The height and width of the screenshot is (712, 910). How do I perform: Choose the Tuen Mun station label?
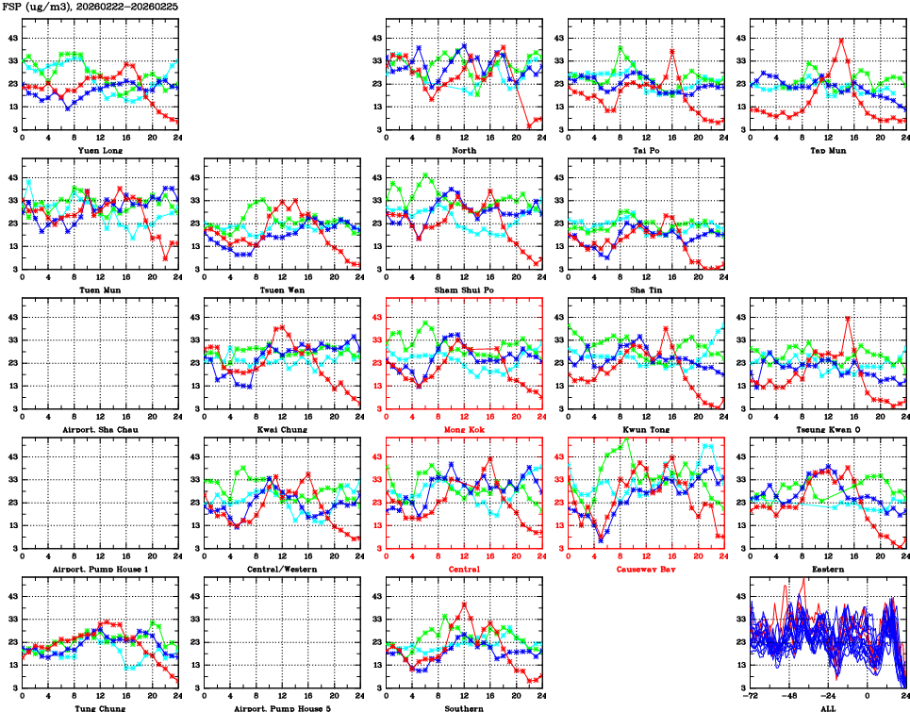coord(99,290)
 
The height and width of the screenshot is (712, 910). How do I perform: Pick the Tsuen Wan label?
coord(282,290)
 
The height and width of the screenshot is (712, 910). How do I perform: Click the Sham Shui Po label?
coord(464,290)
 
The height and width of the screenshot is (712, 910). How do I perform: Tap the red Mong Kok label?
coord(464,429)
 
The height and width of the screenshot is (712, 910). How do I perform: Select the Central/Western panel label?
coord(282,570)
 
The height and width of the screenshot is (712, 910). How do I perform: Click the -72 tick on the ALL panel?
coord(752,697)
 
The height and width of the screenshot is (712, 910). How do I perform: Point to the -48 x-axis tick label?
coord(790,697)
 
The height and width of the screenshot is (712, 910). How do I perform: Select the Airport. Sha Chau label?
coord(99,429)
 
